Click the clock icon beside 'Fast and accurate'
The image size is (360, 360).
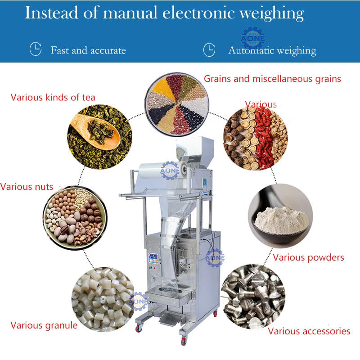36,49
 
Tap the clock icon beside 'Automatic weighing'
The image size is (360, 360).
209,49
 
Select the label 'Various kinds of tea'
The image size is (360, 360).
53,97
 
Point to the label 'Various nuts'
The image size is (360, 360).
27,186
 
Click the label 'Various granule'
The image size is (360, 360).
44,325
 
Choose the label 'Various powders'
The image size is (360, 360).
308,257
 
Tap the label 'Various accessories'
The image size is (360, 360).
309,331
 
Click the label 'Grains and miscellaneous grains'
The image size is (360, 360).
272,79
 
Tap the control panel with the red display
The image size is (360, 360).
153,259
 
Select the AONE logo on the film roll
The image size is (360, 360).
170,171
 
